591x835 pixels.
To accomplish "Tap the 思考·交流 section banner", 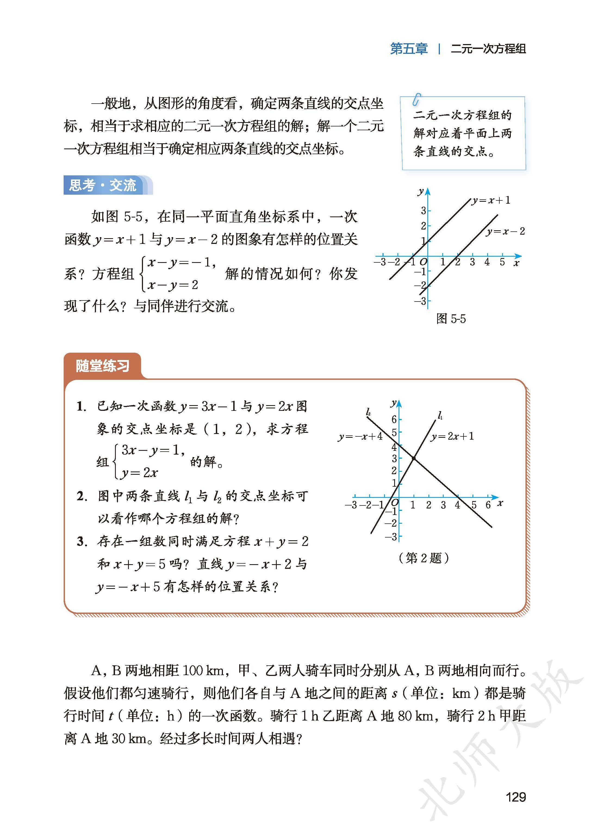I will coord(103,185).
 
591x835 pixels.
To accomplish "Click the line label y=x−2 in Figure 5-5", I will coord(505,231).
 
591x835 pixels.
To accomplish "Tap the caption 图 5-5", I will coord(451,319).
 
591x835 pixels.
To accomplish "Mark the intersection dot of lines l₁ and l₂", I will coord(414,458).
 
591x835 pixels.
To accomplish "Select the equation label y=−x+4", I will coord(360,436).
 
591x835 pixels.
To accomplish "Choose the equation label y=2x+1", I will coord(452,436).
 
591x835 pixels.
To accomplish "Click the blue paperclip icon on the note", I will coord(417,99).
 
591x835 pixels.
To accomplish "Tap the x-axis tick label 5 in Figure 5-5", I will coord(502,262).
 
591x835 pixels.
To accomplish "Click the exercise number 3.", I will coord(82,542).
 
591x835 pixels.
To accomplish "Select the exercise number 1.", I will coord(81,406).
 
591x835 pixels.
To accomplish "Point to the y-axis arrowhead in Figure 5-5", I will coord(428,191).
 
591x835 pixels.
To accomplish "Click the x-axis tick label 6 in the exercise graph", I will coord(488,505).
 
